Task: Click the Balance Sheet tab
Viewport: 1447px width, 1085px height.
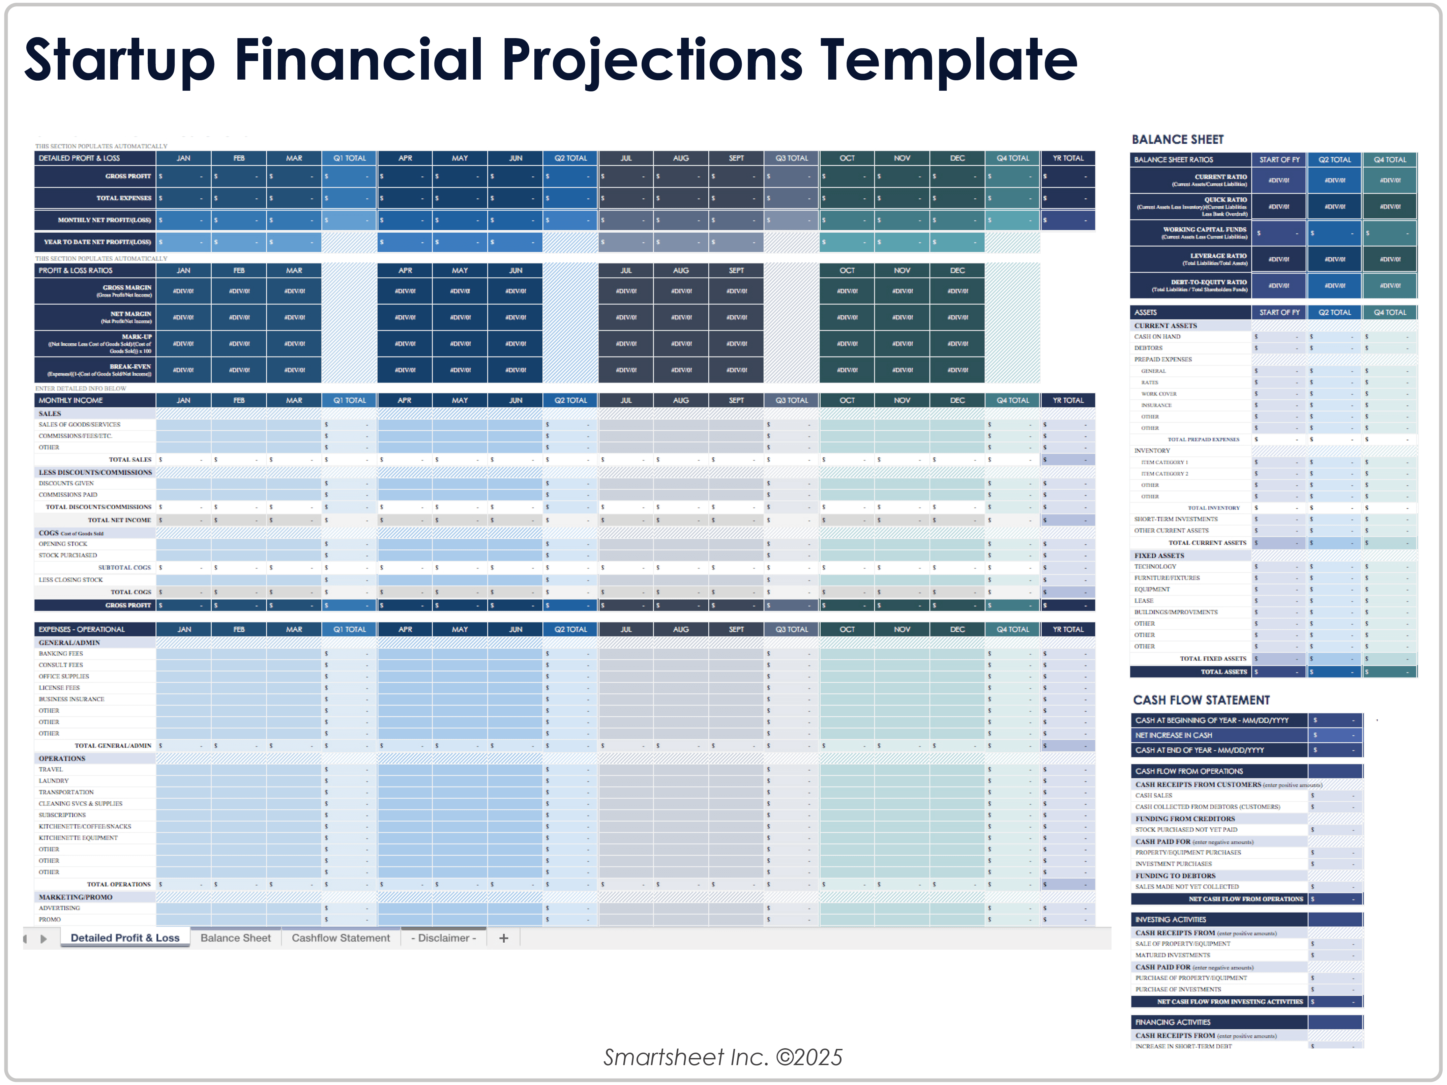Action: click(236, 938)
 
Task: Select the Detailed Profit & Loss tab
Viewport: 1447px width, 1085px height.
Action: click(125, 938)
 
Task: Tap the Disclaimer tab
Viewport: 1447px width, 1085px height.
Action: click(444, 938)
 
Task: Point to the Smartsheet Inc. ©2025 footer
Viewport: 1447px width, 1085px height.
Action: click(723, 1057)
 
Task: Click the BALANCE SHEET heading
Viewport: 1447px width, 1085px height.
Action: click(1178, 139)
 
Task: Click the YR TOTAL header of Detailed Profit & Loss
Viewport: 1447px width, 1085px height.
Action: click(1068, 159)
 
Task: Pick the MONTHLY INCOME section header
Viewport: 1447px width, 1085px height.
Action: click(71, 400)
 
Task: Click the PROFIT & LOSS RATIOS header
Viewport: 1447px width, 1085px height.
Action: click(75, 270)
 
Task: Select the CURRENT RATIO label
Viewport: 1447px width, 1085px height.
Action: click(1221, 177)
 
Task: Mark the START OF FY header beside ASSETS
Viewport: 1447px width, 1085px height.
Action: click(1279, 313)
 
